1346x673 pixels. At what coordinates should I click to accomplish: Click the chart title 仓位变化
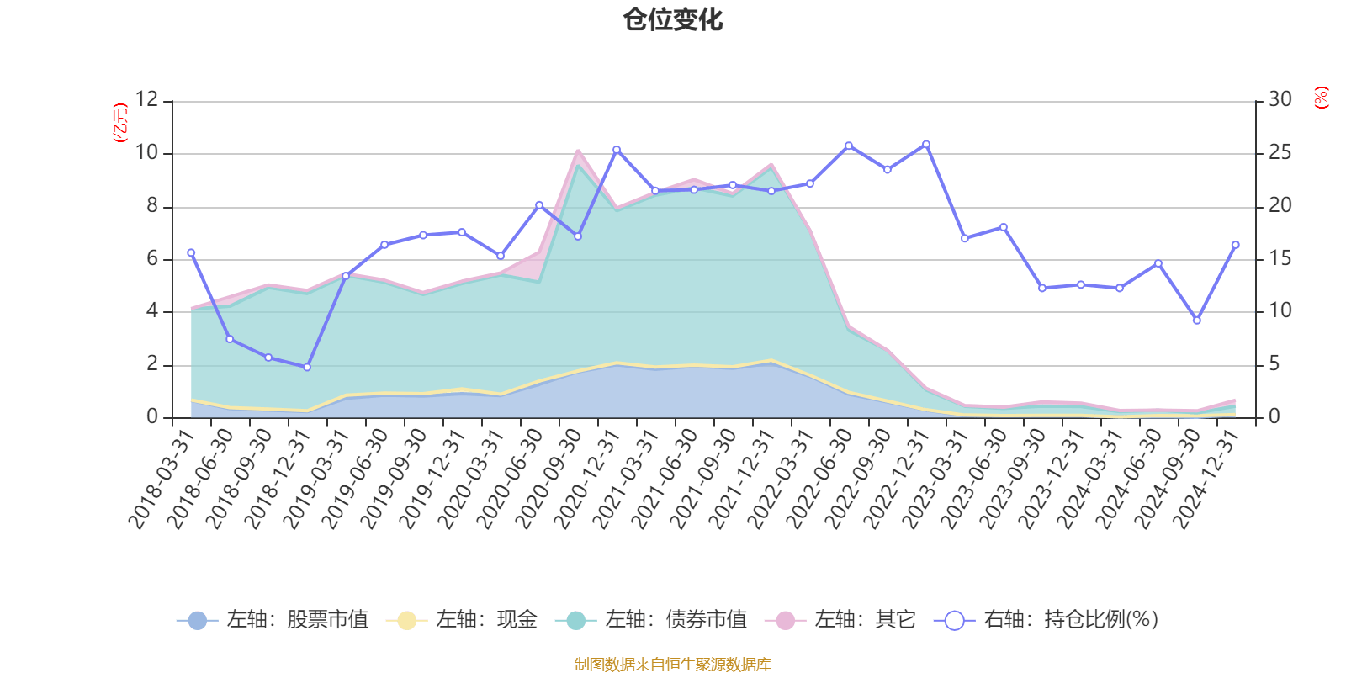coord(673,19)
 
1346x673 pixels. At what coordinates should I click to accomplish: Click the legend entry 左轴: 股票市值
coord(273,621)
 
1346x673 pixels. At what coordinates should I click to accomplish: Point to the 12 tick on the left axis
coord(147,100)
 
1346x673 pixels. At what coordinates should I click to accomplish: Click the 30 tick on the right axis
coord(1280,100)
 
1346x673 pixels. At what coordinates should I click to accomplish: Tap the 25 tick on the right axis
coord(1280,153)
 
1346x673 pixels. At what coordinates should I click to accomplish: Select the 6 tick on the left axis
coord(152,259)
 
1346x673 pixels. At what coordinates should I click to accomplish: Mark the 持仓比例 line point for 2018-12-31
coord(307,367)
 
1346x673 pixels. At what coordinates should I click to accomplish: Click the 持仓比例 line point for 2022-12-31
coord(926,144)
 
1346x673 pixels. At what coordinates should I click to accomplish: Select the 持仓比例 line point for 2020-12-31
coord(617,150)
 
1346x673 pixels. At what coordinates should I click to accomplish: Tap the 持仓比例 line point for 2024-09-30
coord(1197,321)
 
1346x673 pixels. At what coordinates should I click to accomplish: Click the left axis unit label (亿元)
coord(120,123)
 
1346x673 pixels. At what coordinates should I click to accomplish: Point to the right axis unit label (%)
coord(1322,98)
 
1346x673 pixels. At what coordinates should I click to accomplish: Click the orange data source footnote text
coord(672,665)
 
